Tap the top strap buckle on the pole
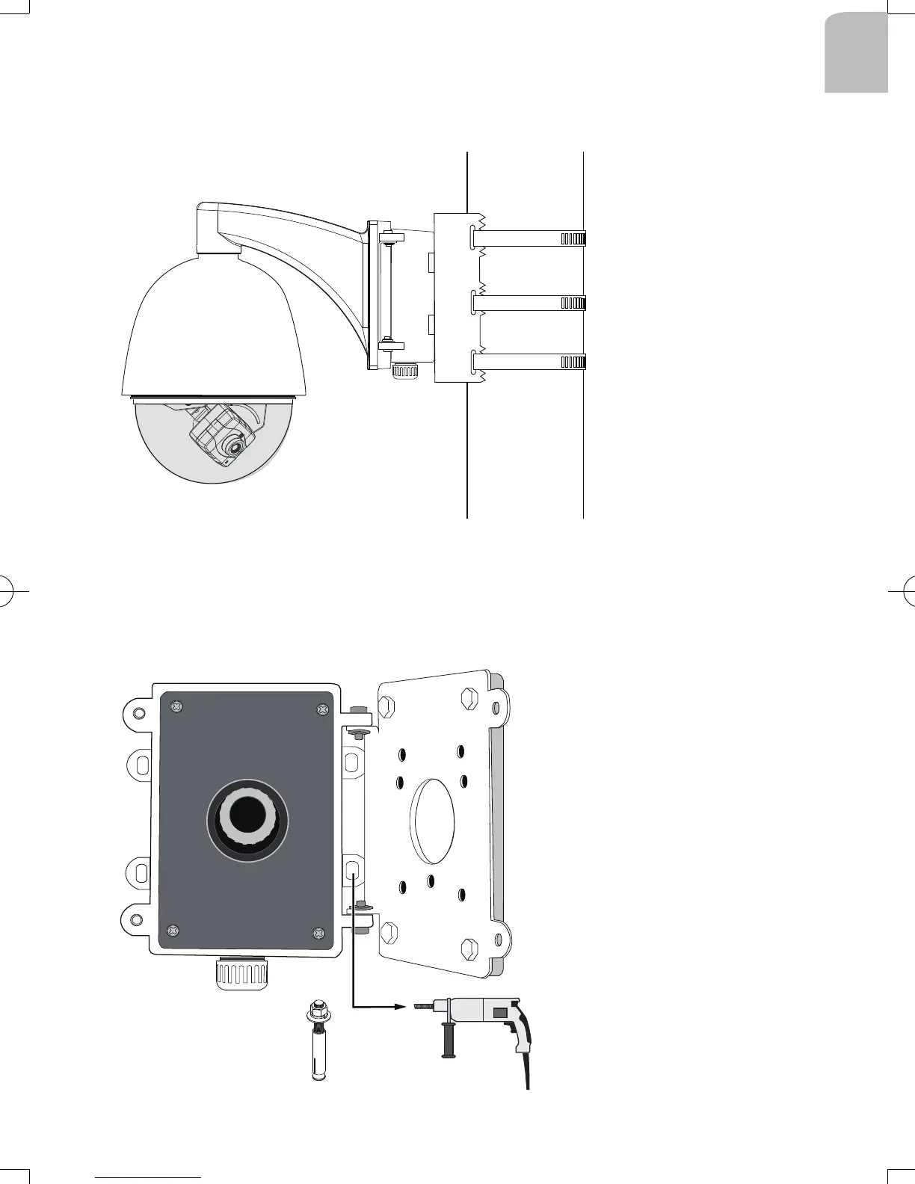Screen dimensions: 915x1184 pyautogui.click(x=573, y=238)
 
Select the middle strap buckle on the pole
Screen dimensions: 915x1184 pyautogui.click(x=573, y=303)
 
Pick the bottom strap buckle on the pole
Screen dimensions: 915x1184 pyautogui.click(x=573, y=363)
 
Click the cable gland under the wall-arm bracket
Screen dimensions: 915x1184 pyautogui.click(x=404, y=370)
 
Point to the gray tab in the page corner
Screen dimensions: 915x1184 pyautogui.click(x=857, y=52)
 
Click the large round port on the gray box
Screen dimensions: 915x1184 pyautogui.click(x=247, y=819)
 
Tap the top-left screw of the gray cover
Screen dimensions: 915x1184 pyautogui.click(x=177, y=706)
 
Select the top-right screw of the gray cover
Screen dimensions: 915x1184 pyautogui.click(x=322, y=709)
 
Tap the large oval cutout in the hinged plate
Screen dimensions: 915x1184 pyautogui.click(x=433, y=821)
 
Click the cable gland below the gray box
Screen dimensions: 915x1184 pyautogui.click(x=241, y=974)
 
